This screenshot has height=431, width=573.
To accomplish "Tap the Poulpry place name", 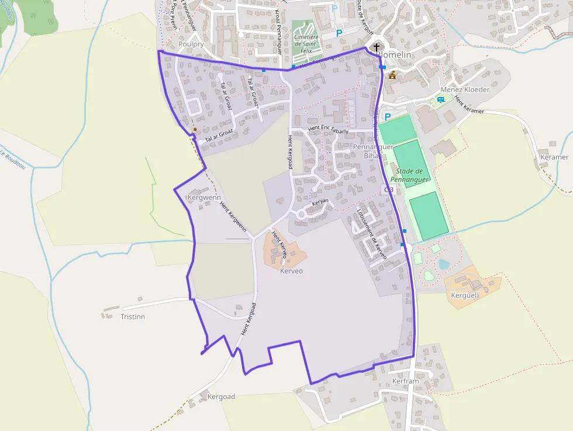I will point(192,44).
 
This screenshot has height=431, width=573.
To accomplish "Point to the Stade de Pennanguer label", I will point(410,175).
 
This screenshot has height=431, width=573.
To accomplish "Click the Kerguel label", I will point(464,295).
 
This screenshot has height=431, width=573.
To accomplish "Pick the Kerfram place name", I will point(406,381).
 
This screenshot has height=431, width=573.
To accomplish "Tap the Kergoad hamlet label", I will point(221,396).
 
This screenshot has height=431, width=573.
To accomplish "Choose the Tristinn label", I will point(132,316).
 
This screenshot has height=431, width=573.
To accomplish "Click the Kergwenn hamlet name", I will point(203,198).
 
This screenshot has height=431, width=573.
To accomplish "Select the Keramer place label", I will point(554,157).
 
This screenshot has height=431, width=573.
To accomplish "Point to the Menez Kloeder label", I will point(465,89).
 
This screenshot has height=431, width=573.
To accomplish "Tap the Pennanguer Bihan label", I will point(373,151).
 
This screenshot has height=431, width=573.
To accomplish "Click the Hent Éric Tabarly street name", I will point(328,130).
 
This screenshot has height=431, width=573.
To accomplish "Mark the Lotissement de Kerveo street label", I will point(372,235).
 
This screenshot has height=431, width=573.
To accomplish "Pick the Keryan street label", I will point(320,202).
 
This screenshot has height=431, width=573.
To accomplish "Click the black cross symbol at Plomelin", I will point(376,47).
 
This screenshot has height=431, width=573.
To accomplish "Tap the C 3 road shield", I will point(387,190).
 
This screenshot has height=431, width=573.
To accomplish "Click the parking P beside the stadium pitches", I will point(387,116).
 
